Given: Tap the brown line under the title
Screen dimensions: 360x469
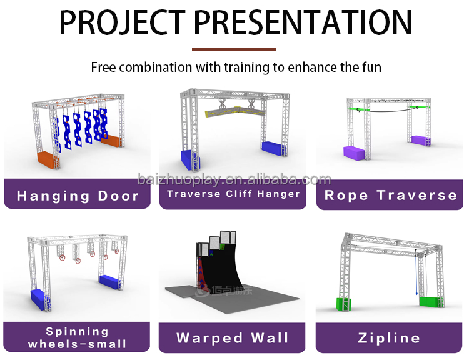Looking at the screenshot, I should coord(234,49).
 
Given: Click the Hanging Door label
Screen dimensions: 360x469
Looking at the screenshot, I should coord(78,196).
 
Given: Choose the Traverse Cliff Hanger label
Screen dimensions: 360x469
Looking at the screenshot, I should coord(233,194).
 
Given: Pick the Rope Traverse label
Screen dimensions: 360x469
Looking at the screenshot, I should coord(390,195).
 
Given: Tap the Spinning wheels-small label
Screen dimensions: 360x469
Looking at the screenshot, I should coord(78,337).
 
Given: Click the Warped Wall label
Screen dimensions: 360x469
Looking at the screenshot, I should coord(233,338).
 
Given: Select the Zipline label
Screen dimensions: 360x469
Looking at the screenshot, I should coord(389,338).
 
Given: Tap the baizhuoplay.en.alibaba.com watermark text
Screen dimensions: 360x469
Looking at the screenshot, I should coord(234,180).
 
